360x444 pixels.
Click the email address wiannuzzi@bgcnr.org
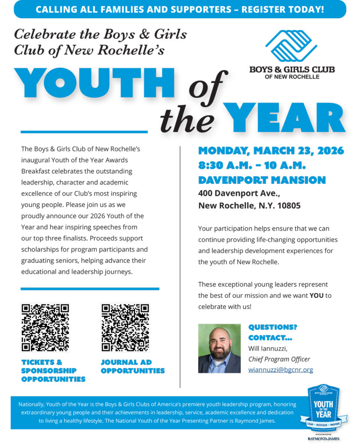(280, 370)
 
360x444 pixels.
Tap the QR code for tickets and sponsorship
(45, 327)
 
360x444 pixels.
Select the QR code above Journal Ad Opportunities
(125, 327)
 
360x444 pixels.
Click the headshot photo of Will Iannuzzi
(219, 349)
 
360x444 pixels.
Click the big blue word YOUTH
(94, 84)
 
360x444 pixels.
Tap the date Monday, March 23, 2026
(271, 151)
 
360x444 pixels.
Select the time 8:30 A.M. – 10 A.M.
(252, 166)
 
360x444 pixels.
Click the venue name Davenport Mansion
(262, 180)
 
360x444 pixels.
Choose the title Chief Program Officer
(279, 359)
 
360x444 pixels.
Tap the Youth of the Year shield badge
(323, 407)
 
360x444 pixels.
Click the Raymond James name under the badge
(323, 439)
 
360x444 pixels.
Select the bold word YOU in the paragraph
(316, 296)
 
